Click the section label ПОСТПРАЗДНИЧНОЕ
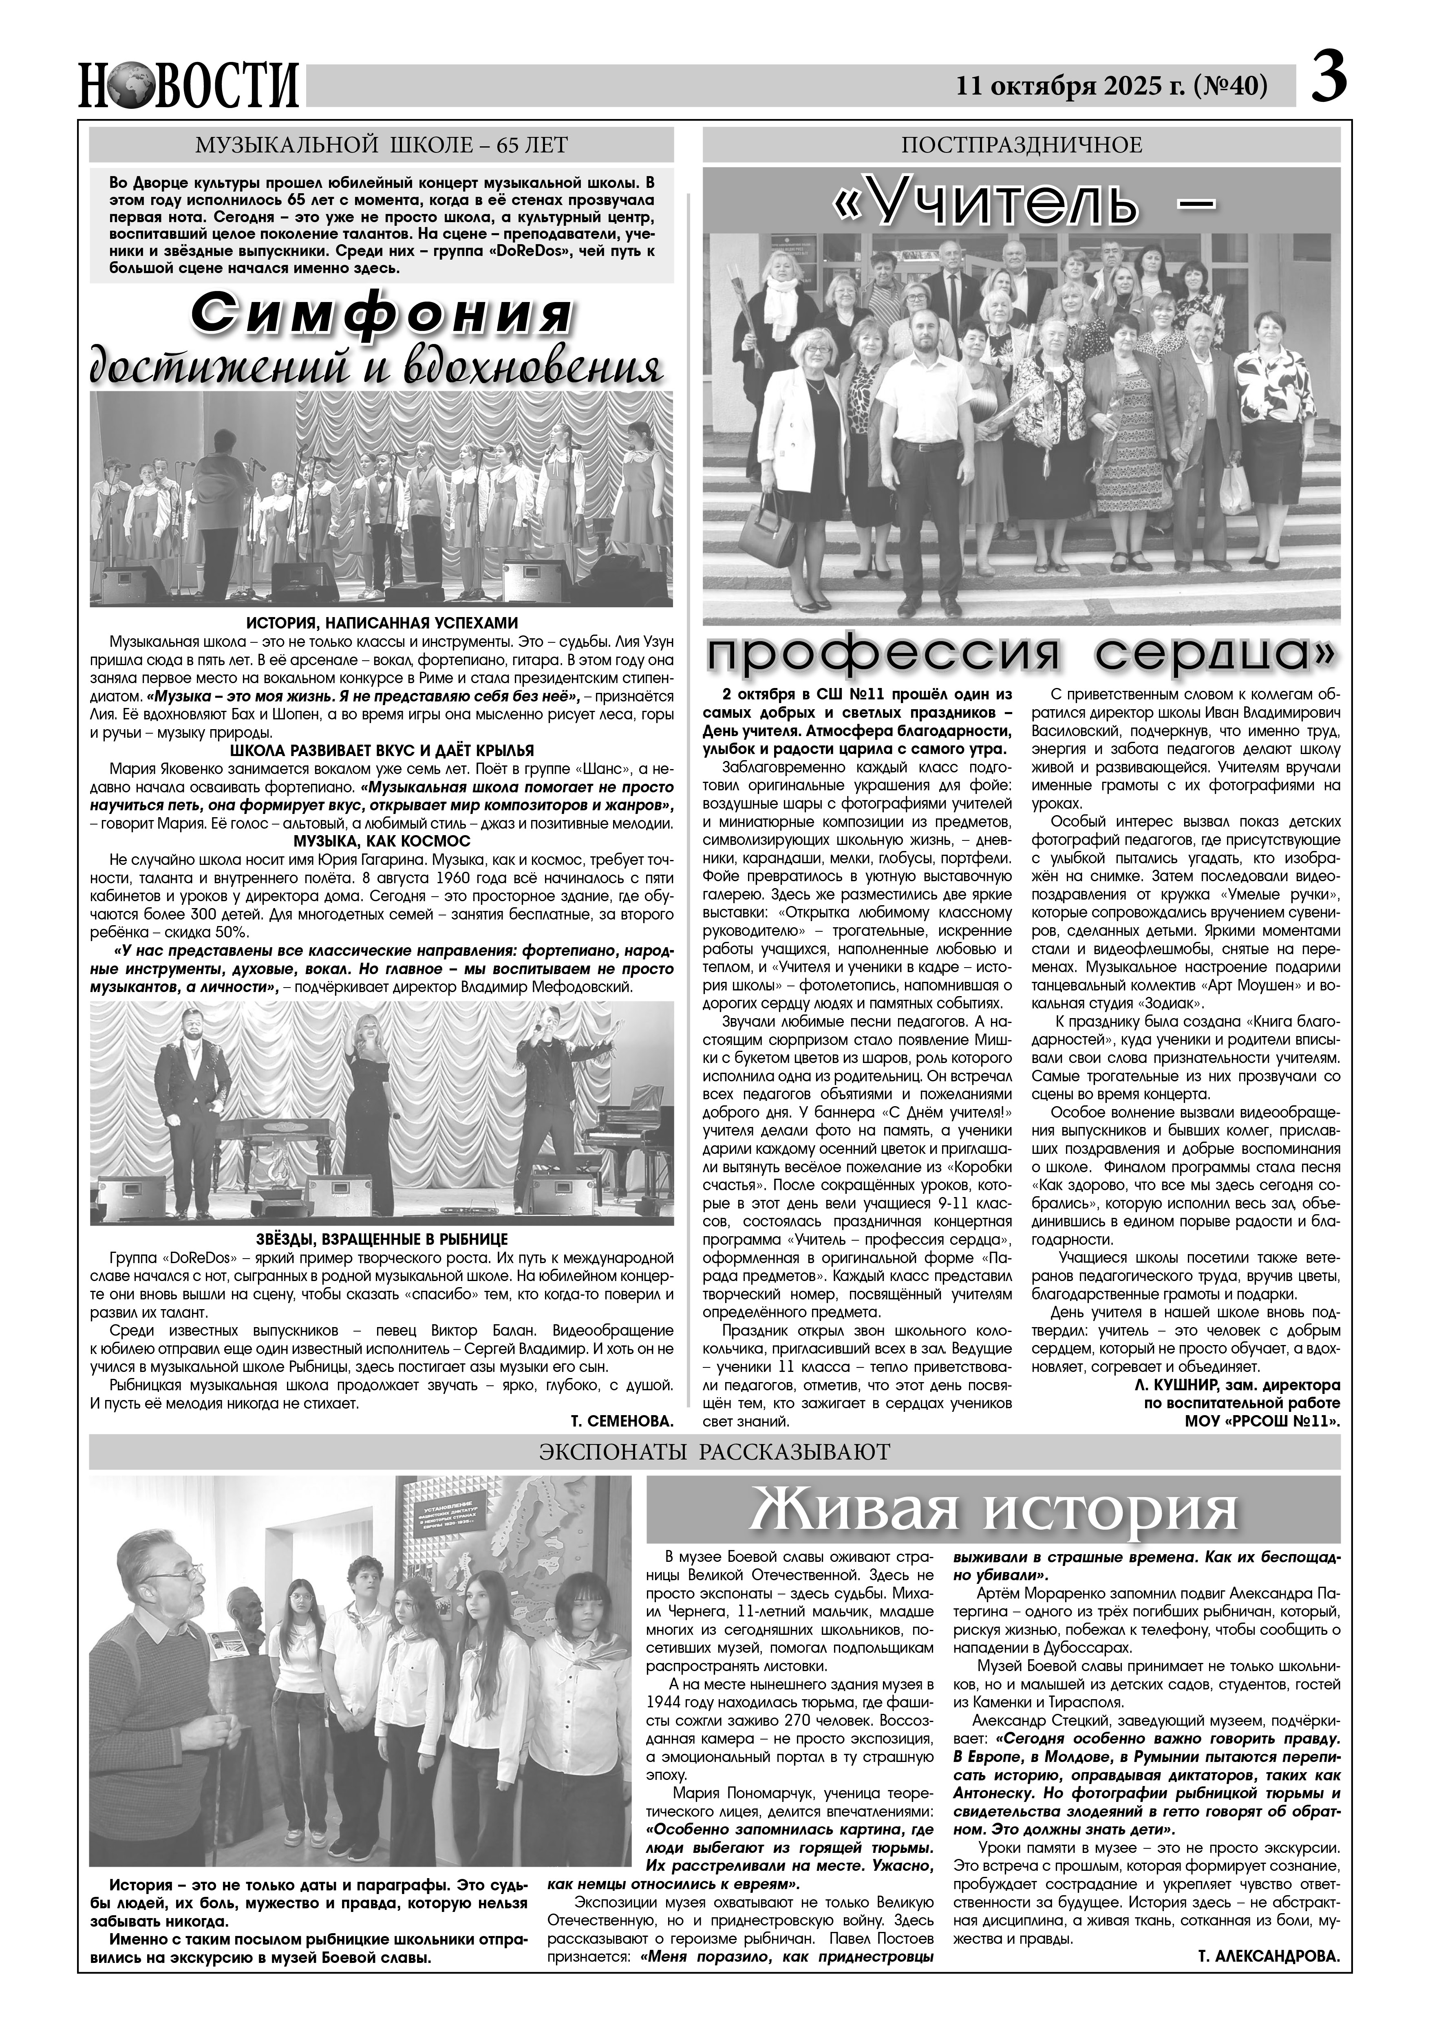[1022, 144]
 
